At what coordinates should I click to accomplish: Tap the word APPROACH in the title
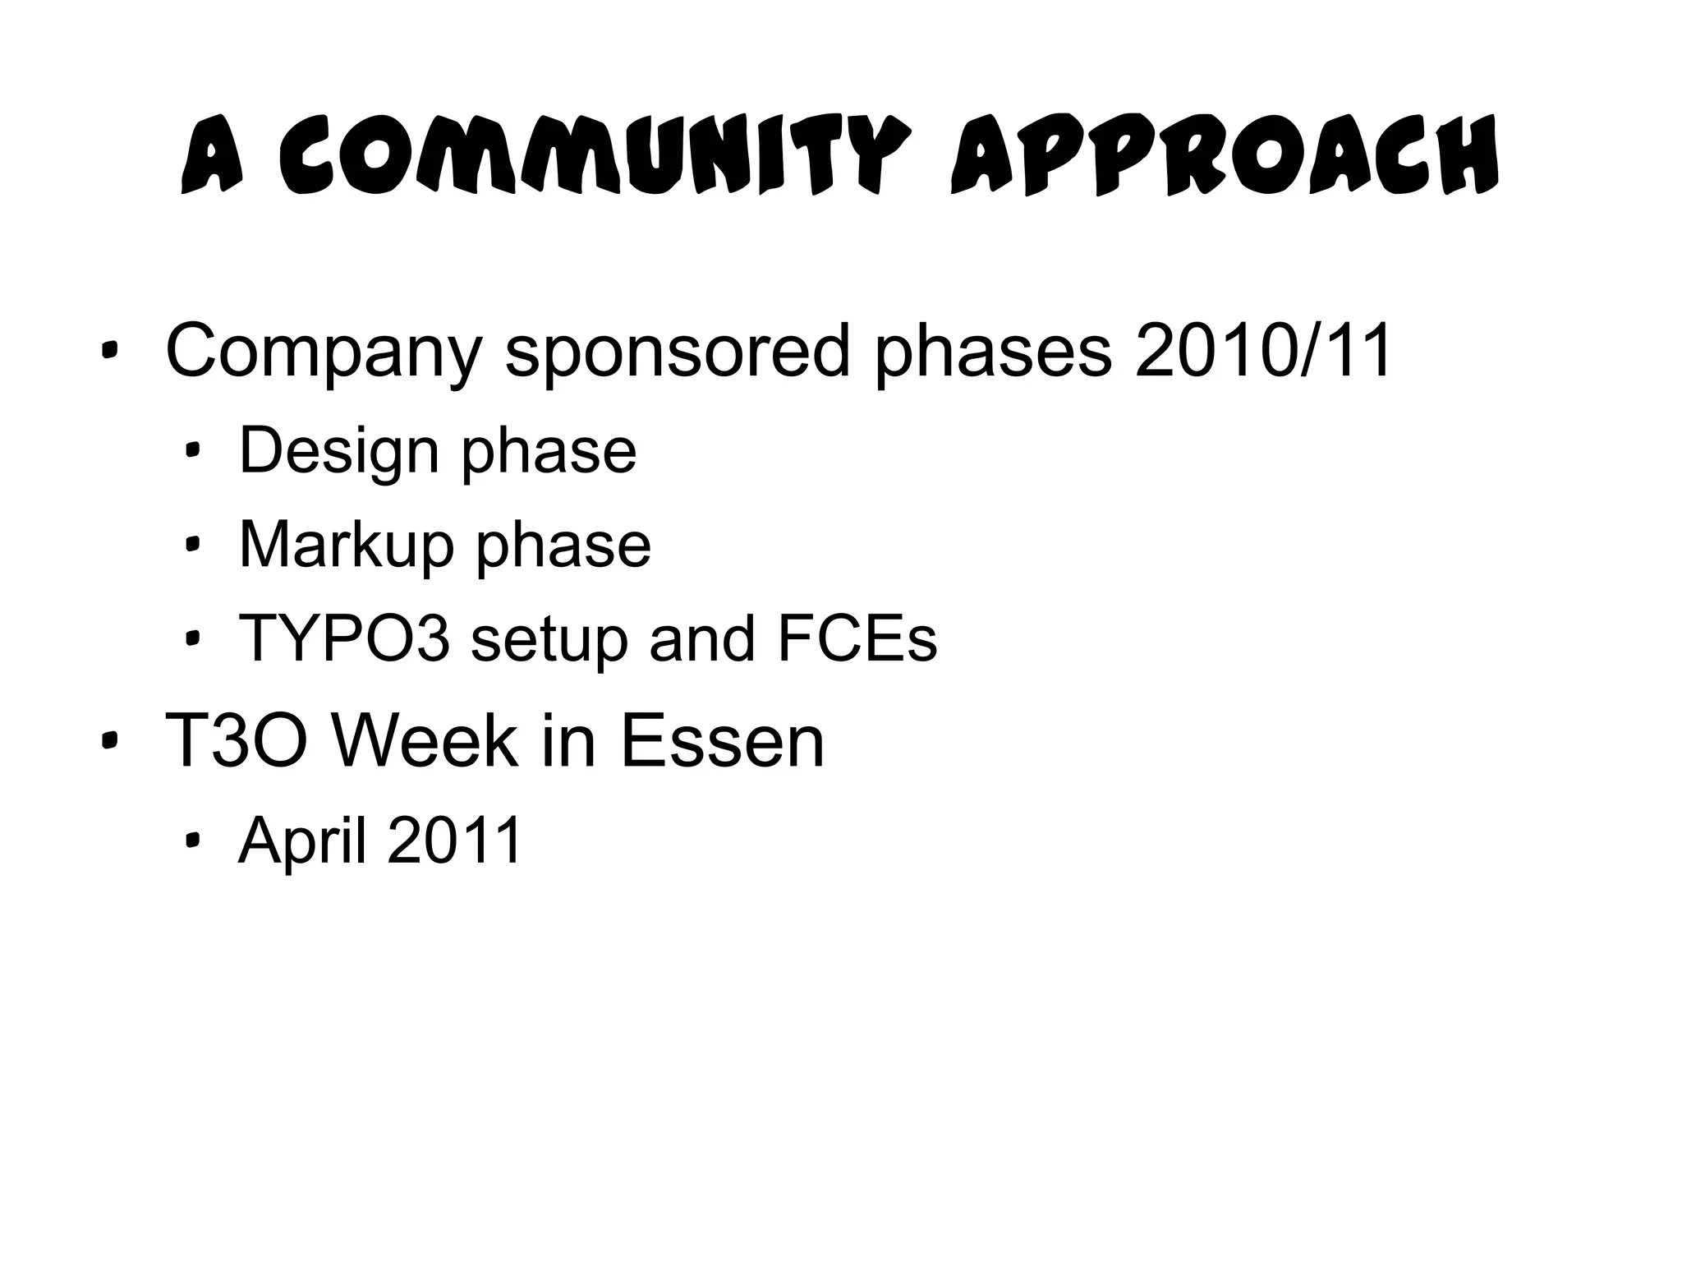pos(1224,157)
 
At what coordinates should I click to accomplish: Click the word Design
pos(339,452)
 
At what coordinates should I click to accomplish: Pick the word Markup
pos(346,546)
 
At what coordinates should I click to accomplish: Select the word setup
pos(549,639)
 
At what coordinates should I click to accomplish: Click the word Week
pos(425,741)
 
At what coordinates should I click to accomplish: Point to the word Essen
pos(722,741)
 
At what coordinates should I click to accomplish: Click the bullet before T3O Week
pos(108,742)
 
